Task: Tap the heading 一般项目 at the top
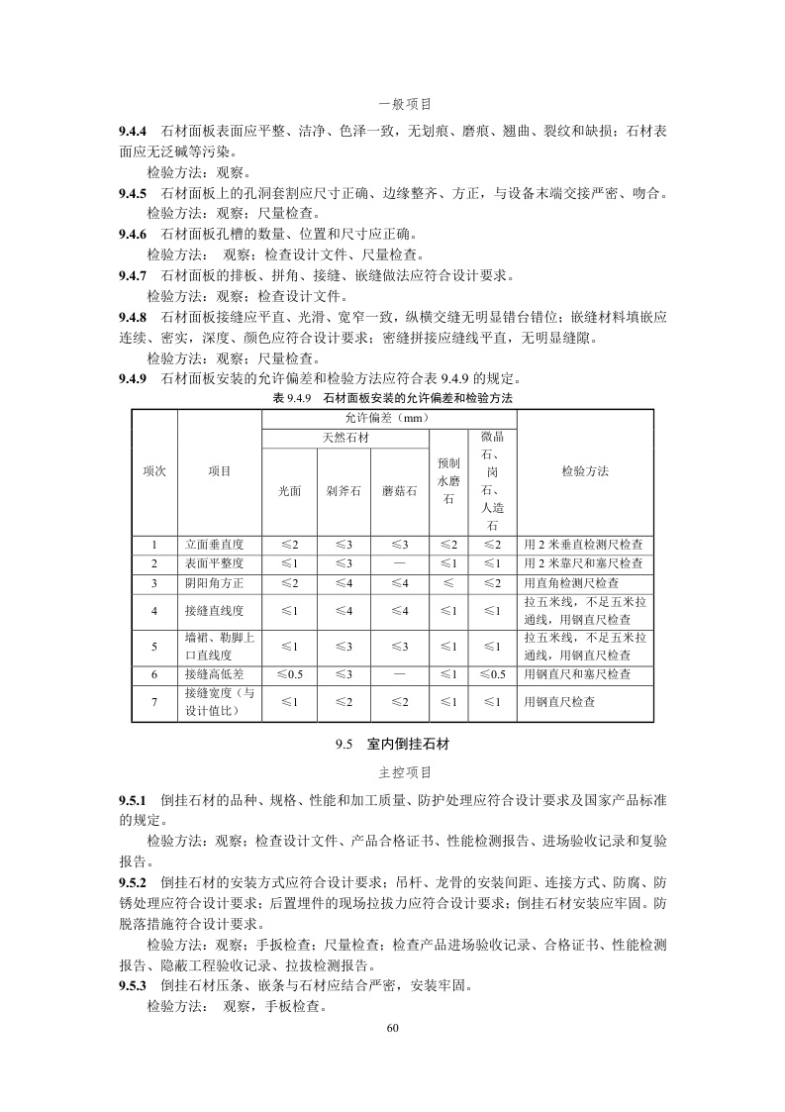pyautogui.click(x=405, y=103)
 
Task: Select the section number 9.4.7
pyautogui.click(x=133, y=274)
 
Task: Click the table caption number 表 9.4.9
pyautogui.click(x=292, y=397)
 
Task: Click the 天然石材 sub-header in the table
pyautogui.click(x=345, y=437)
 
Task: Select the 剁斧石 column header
pyautogui.click(x=343, y=490)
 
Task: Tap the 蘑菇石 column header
pyautogui.click(x=400, y=490)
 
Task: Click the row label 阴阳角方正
pyautogui.click(x=214, y=583)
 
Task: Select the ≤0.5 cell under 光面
pyautogui.click(x=289, y=674)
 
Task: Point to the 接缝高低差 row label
pyautogui.click(x=214, y=674)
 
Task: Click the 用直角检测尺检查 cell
pyautogui.click(x=571, y=583)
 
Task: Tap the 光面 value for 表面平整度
pyautogui.click(x=289, y=563)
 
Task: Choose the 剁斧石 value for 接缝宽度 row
pyautogui.click(x=343, y=701)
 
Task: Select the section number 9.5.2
pyautogui.click(x=133, y=881)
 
